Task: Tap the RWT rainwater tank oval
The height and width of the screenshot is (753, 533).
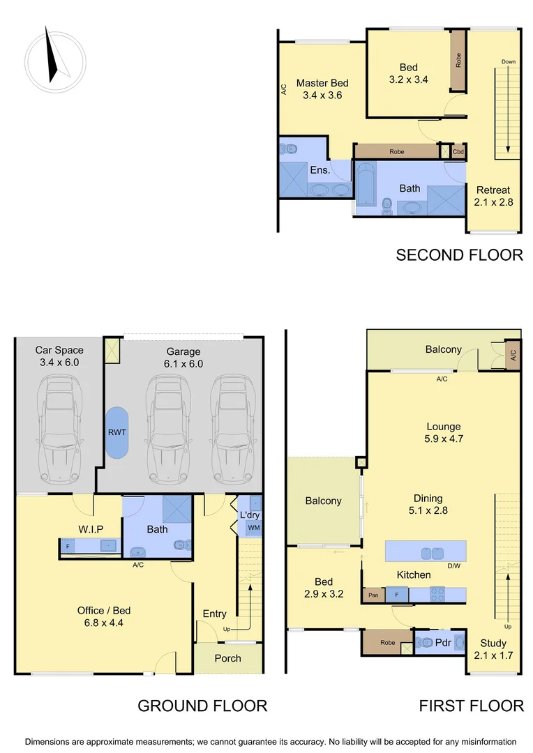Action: click(x=117, y=432)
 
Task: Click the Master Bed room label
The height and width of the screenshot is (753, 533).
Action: click(x=322, y=83)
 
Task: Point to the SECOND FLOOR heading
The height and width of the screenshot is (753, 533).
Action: click(x=459, y=255)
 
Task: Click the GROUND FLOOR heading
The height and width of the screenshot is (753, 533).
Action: click(x=202, y=706)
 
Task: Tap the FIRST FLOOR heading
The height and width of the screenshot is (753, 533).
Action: click(x=471, y=706)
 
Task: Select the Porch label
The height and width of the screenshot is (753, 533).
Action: click(x=227, y=658)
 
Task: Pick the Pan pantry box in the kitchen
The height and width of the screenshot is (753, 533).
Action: click(x=373, y=595)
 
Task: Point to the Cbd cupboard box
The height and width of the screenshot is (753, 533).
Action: click(x=458, y=151)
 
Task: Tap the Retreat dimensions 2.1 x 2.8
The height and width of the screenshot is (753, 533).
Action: click(x=493, y=202)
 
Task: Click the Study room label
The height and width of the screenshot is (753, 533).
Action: click(x=493, y=643)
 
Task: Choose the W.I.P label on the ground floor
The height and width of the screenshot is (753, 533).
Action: click(x=90, y=529)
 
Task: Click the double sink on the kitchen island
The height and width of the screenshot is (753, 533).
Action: click(x=430, y=553)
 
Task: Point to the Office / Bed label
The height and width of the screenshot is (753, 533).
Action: click(x=103, y=610)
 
